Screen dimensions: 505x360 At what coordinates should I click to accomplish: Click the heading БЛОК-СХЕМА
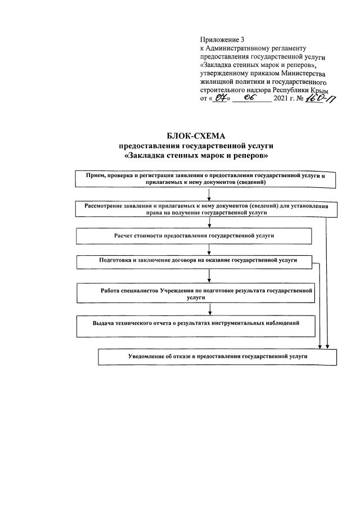point(195,136)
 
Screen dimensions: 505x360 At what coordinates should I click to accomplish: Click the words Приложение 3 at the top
point(222,40)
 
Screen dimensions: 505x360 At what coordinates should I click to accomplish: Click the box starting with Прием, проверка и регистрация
point(206,178)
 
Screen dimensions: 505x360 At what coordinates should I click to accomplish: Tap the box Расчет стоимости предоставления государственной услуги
point(193,236)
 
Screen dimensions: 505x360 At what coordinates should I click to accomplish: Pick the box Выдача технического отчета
point(196,326)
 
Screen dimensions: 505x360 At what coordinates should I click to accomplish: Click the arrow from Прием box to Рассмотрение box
point(209,195)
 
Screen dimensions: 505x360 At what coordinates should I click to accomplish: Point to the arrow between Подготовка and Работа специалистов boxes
point(209,275)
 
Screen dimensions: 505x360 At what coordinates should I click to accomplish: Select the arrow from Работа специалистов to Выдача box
point(209,309)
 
